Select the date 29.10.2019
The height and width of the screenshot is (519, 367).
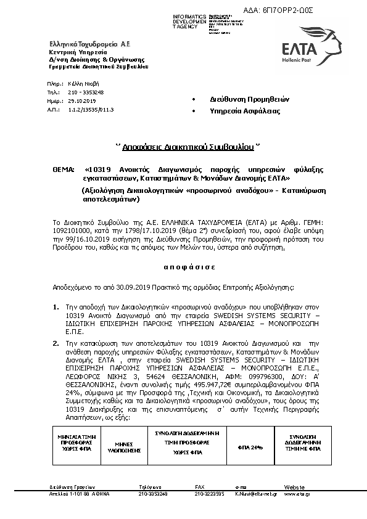[82, 100]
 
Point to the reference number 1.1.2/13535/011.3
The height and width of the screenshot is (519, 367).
[91, 108]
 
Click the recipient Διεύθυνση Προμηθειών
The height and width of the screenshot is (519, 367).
[240, 99]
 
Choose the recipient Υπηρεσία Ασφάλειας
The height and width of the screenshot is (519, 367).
[236, 111]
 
